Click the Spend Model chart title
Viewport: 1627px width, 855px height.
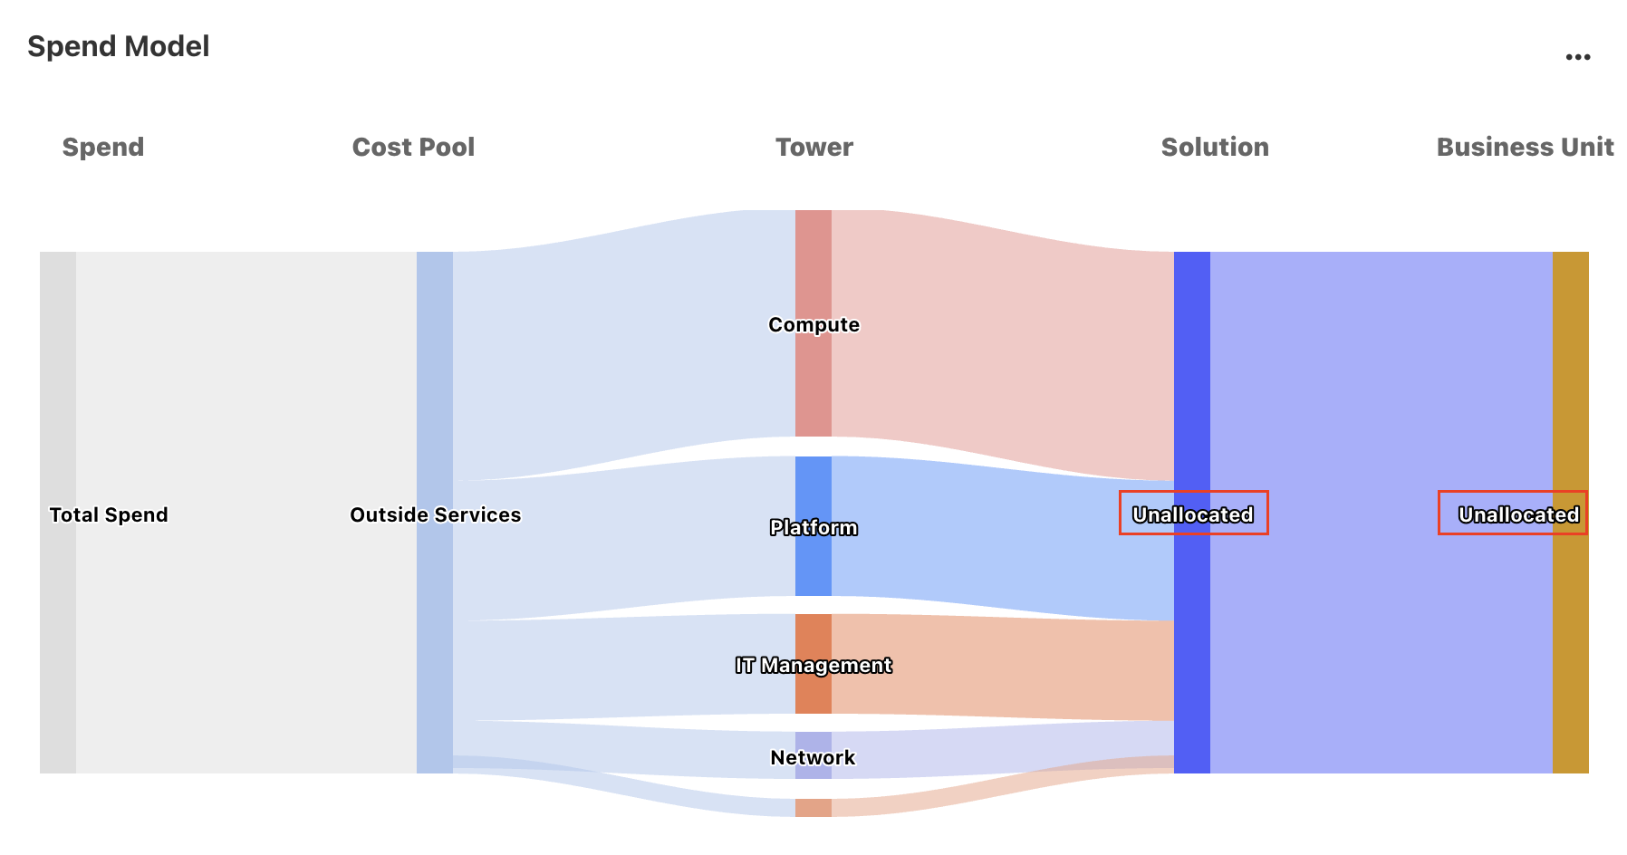[x=119, y=46]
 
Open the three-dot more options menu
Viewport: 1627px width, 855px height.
[x=1577, y=57]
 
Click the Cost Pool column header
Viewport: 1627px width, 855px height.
[x=413, y=147]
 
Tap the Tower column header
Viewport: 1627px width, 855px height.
[x=813, y=147]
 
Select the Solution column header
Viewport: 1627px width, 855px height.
[x=1215, y=147]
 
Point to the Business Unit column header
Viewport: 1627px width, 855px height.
[x=1525, y=147]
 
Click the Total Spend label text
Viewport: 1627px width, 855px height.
[x=109, y=514]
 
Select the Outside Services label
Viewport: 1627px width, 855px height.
[x=436, y=514]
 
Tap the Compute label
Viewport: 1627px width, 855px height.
[x=813, y=324]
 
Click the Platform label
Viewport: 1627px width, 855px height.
[x=813, y=527]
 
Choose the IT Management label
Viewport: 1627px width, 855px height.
[x=813, y=665]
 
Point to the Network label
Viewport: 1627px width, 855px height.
[x=813, y=757]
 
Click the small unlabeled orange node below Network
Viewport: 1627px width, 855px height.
[x=813, y=808]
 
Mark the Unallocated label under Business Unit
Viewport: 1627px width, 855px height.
[x=1518, y=514]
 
